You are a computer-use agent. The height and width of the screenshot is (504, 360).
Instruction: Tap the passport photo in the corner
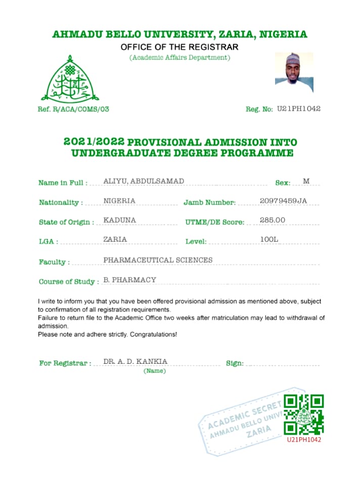294,72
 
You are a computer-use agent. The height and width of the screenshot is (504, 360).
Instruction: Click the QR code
303,414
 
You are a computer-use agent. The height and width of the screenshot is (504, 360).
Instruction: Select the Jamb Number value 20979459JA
283,201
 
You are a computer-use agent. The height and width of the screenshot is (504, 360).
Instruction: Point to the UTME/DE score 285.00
273,220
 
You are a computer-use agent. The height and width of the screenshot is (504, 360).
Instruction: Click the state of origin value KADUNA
119,220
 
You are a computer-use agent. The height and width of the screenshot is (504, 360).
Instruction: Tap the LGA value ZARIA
115,239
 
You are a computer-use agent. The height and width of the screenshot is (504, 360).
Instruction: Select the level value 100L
269,239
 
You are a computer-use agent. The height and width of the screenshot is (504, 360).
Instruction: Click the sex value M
306,181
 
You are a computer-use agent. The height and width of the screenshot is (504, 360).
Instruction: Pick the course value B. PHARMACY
130,279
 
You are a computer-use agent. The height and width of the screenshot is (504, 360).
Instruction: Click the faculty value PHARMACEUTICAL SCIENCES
158,260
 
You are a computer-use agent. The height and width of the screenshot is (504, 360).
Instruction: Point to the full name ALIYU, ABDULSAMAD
144,181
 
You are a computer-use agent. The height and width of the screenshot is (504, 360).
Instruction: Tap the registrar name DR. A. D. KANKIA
136,361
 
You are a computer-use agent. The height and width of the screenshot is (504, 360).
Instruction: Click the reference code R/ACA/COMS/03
80,109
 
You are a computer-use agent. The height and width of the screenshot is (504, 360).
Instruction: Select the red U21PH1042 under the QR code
304,440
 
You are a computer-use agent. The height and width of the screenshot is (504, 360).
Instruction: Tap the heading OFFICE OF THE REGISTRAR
179,48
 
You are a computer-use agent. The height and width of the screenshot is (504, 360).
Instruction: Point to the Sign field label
235,363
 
